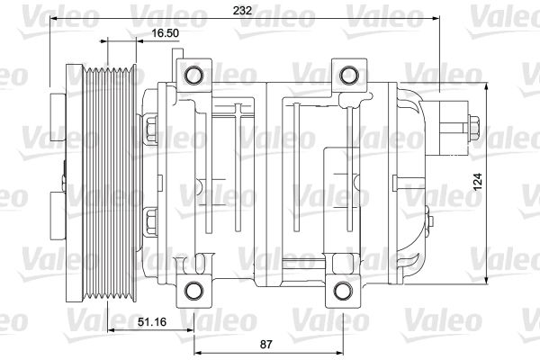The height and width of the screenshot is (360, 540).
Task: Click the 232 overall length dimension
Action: (x=242, y=12)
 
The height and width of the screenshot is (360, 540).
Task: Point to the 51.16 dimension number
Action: (x=149, y=321)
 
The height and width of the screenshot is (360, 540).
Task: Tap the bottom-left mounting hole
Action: (x=193, y=290)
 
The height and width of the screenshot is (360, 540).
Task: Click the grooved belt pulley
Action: (x=106, y=180)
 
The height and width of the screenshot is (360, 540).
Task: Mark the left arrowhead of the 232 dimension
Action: (x=50, y=18)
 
